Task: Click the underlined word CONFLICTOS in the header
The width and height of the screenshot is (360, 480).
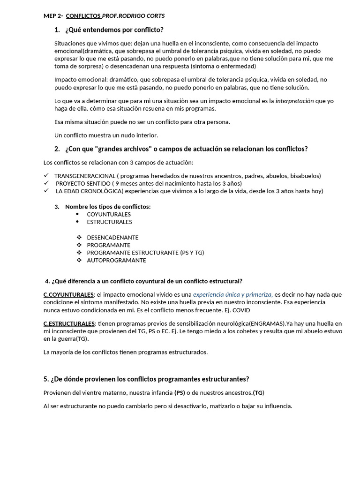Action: click(83, 16)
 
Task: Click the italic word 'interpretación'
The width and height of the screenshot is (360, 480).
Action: click(295, 101)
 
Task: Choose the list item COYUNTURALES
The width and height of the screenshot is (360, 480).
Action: click(109, 214)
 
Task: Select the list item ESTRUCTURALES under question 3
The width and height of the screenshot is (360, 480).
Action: click(109, 222)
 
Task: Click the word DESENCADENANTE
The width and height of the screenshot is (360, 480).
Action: click(112, 238)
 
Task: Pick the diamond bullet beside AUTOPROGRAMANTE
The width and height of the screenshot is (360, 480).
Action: click(79, 260)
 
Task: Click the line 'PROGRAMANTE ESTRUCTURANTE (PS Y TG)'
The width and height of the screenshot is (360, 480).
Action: click(145, 253)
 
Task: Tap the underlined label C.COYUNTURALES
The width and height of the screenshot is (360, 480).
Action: click(68, 294)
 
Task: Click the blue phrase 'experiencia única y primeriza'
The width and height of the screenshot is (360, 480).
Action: click(232, 294)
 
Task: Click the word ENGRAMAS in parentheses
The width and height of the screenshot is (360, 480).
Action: click(267, 323)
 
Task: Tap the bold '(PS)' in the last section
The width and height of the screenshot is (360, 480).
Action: click(180, 392)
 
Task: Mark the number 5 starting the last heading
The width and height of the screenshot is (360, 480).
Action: click(45, 379)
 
